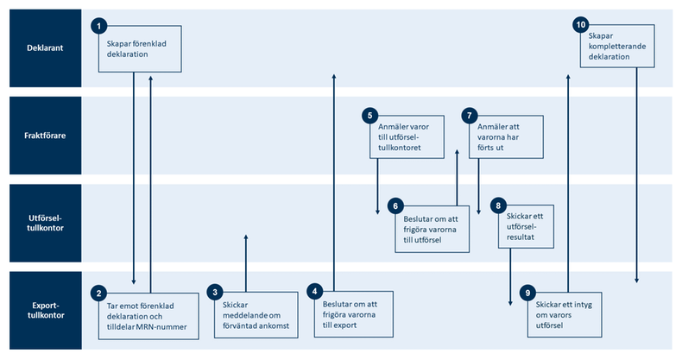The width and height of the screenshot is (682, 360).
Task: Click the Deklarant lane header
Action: click(x=41, y=48)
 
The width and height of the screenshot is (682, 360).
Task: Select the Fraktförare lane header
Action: click(x=41, y=136)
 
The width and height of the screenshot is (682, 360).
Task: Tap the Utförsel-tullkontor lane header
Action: click(x=41, y=223)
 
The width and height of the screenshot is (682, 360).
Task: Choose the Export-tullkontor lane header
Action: click(x=41, y=311)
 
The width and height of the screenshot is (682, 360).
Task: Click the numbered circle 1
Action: click(x=100, y=28)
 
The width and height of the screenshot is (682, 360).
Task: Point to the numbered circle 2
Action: click(x=100, y=294)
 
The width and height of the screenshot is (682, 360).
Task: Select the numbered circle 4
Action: click(x=317, y=292)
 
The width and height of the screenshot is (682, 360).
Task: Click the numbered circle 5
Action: click(x=370, y=115)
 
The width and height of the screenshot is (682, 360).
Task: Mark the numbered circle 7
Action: click(x=470, y=115)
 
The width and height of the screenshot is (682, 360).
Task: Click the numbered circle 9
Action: click(x=529, y=294)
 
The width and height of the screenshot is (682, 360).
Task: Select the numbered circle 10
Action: click(x=581, y=24)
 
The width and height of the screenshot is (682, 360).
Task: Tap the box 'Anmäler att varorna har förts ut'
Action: click(x=507, y=136)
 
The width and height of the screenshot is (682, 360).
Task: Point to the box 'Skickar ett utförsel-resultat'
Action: click(x=525, y=224)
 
